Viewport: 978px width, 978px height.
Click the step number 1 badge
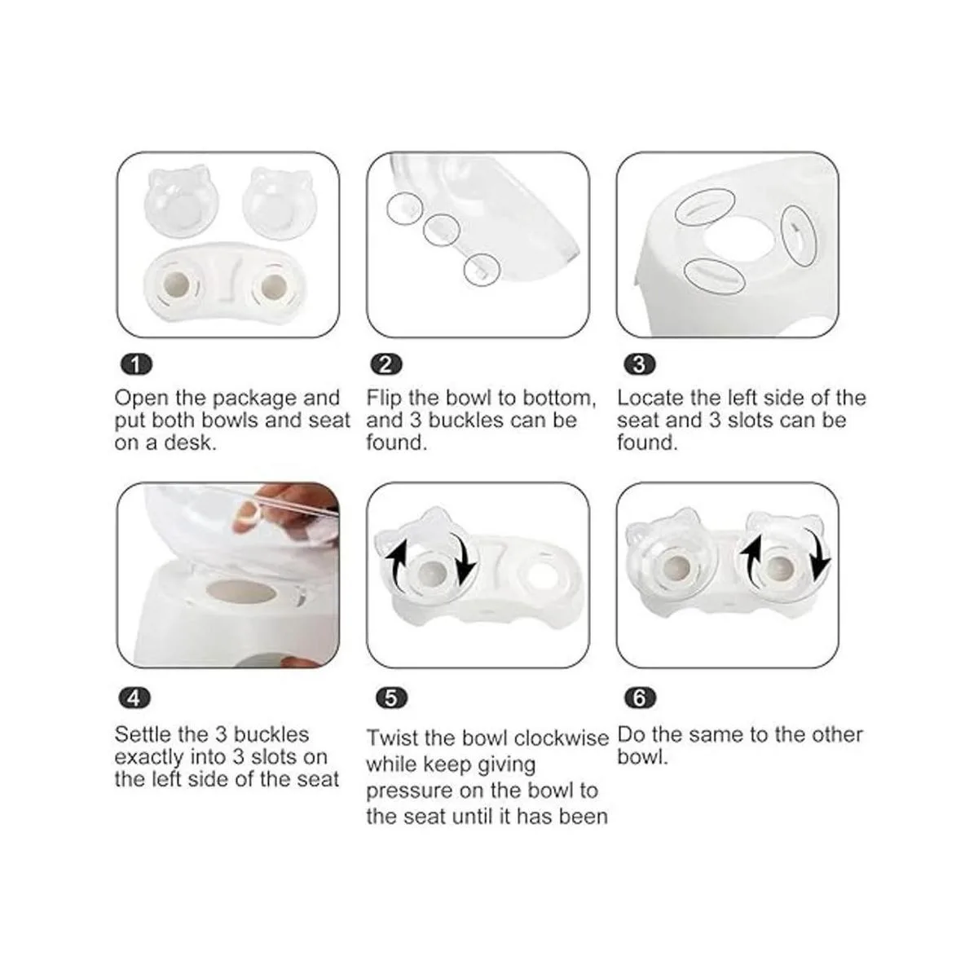point(135,365)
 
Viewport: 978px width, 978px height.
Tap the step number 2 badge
point(386,365)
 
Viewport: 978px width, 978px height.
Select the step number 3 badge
point(640,365)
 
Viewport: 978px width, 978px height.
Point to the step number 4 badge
point(134,698)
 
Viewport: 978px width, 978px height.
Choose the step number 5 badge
point(391,698)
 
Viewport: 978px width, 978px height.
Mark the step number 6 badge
point(640,698)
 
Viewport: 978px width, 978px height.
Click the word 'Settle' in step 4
point(143,734)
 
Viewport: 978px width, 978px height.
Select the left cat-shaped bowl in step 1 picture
point(181,202)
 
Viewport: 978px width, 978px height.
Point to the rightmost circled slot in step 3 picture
point(799,236)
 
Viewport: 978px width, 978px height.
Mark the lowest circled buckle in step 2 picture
point(482,270)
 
